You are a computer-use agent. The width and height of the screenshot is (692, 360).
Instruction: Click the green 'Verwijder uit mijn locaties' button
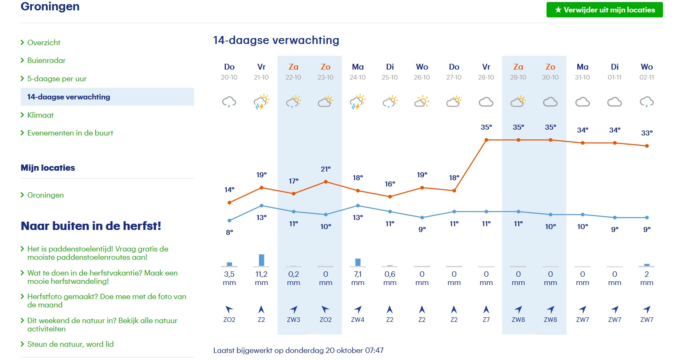point(605,10)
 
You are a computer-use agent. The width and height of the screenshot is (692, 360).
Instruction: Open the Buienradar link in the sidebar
point(46,60)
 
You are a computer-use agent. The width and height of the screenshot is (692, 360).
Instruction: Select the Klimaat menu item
point(40,115)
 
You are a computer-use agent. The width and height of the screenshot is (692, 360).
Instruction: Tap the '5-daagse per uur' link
point(57,79)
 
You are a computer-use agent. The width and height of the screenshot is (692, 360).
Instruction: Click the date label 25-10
point(390,77)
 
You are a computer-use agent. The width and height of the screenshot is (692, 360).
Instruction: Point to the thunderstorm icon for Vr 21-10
point(261,102)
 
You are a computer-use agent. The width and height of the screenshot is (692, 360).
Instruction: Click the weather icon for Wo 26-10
point(422,101)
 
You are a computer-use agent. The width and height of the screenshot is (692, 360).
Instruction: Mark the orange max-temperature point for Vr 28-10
point(486,140)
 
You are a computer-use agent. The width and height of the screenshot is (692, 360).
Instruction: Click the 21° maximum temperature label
point(326,169)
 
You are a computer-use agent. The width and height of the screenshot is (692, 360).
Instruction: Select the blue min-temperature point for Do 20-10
point(230,220)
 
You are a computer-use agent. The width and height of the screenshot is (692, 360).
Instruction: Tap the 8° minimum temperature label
point(230,232)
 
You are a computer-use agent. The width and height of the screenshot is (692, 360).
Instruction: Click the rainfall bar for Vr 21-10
point(261,260)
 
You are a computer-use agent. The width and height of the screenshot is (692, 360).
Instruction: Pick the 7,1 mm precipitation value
point(358,274)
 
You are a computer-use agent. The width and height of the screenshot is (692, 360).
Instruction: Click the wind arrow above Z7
point(486,309)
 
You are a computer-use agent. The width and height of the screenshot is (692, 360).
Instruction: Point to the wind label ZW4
point(358,320)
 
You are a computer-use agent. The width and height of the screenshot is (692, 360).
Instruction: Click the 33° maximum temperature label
point(647,133)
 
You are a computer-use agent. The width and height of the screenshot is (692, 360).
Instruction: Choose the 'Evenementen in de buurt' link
point(70,133)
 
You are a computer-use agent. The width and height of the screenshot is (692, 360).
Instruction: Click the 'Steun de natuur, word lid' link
point(70,344)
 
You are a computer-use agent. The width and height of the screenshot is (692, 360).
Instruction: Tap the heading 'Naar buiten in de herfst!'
point(91,226)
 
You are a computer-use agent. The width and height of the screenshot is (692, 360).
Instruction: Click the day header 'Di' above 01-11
point(615,67)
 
